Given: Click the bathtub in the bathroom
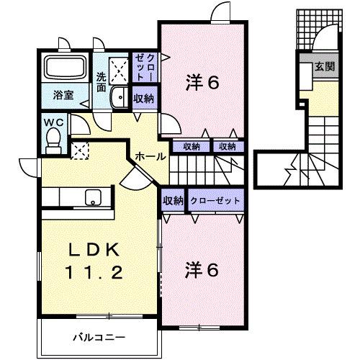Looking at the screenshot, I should pyautogui.click(x=66, y=69).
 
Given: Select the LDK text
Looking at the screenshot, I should pyautogui.click(x=94, y=249).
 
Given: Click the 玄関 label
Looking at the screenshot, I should pyautogui.click(x=324, y=68).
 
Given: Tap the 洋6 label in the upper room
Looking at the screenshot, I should pyautogui.click(x=202, y=84).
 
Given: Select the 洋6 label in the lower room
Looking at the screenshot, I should pyautogui.click(x=202, y=270).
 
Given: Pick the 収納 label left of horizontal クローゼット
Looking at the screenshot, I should pyautogui.click(x=173, y=201).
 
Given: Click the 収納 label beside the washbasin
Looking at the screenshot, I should pyautogui.click(x=143, y=99).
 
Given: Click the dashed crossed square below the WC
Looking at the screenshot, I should pyautogui.click(x=81, y=150).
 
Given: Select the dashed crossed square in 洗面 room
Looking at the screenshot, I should pyautogui.click(x=117, y=68).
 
